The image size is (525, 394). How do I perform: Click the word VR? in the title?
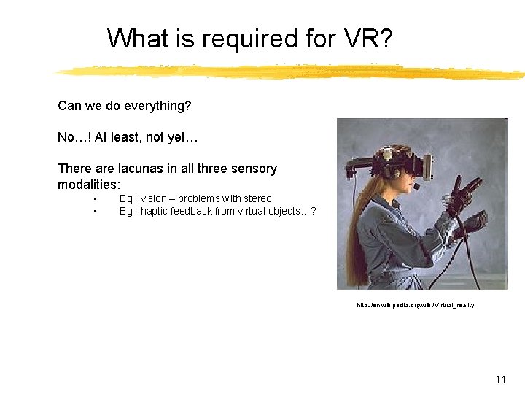[370, 38]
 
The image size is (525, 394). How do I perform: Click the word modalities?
[88, 185]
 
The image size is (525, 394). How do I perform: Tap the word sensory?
[252, 169]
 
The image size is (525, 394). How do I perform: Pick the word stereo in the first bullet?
[257, 198]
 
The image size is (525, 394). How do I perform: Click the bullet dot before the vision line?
[96, 199]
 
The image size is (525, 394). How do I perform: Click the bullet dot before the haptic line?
[96, 212]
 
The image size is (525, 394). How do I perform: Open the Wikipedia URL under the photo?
[415, 305]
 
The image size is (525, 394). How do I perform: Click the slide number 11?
[500, 379]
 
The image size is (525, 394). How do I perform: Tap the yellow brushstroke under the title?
[292, 71]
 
